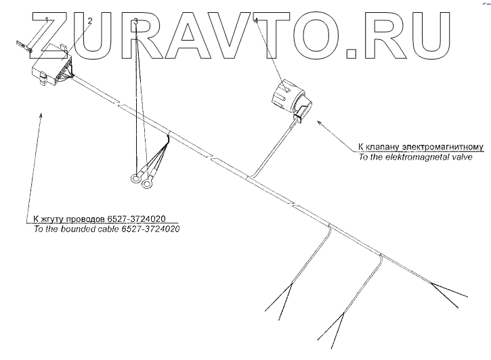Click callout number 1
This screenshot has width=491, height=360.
[x=45, y=19]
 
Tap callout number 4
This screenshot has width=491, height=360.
[x=256, y=22]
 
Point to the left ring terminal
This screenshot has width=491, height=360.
[x=135, y=179]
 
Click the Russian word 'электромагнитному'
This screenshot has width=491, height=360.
[x=444, y=146]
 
